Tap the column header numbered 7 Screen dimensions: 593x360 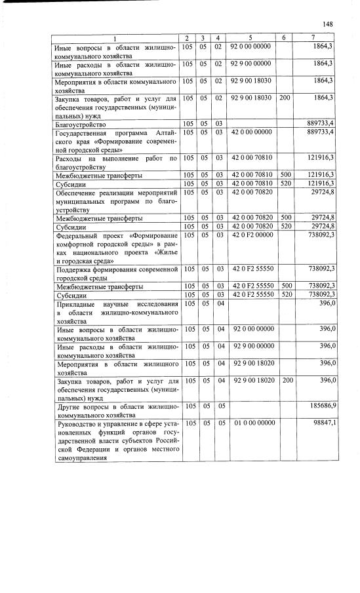coord(322,38)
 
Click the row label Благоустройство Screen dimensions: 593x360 coord(81,124)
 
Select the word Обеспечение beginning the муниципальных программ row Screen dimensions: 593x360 coord(77,193)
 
